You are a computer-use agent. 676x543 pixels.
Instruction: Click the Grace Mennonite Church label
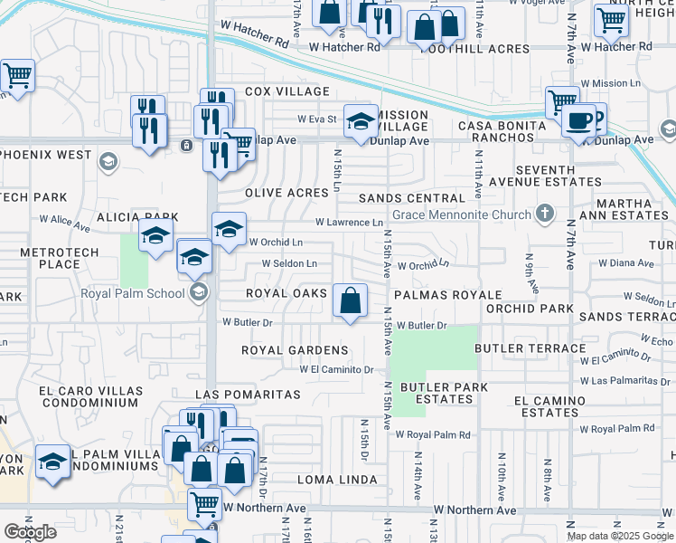click(x=459, y=215)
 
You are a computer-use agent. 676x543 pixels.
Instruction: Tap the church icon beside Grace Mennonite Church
click(x=543, y=214)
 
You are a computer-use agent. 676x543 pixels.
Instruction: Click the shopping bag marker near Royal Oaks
click(x=350, y=300)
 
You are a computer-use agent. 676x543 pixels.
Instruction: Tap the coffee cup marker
click(x=578, y=119)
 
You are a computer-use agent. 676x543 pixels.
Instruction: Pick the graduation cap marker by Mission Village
click(x=361, y=122)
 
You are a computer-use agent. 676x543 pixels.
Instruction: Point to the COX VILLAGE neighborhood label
click(x=286, y=92)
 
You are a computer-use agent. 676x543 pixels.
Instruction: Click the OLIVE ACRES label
click(x=286, y=193)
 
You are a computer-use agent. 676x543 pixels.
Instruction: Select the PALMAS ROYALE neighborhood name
click(x=446, y=295)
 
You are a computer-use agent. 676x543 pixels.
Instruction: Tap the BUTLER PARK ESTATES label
click(x=445, y=393)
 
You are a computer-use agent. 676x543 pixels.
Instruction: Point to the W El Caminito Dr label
click(x=337, y=369)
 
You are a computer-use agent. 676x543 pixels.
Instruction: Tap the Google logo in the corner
click(x=30, y=532)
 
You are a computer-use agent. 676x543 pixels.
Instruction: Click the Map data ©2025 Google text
click(x=619, y=536)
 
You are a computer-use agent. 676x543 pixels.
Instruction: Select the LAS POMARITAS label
click(x=248, y=395)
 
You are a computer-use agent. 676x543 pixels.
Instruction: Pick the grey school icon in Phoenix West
click(x=107, y=162)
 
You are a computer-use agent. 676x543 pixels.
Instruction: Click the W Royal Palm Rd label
click(x=616, y=429)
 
